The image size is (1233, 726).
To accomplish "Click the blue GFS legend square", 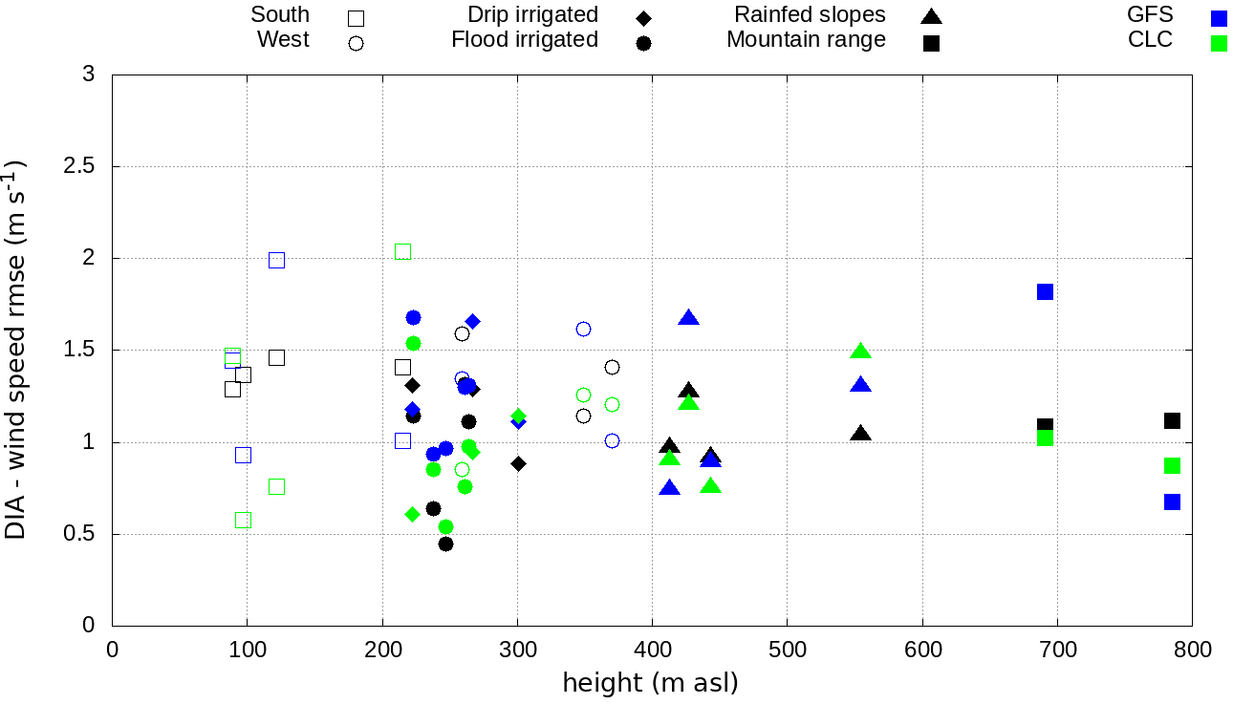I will pyautogui.click(x=1218, y=17).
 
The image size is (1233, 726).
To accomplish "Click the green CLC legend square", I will pyautogui.click(x=1218, y=42).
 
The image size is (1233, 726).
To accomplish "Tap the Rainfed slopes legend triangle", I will pyautogui.click(x=931, y=16).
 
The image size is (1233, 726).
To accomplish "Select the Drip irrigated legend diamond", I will pyautogui.click(x=643, y=17).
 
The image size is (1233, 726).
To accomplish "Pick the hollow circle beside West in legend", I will pyautogui.click(x=356, y=43).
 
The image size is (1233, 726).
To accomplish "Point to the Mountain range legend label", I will pyautogui.click(x=806, y=40).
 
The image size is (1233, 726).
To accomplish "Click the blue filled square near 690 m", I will pyautogui.click(x=1045, y=291).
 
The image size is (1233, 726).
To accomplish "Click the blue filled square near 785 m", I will pyautogui.click(x=1172, y=502).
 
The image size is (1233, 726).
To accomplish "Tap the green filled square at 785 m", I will pyautogui.click(x=1172, y=465).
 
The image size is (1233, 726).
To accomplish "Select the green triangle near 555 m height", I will pyautogui.click(x=860, y=352).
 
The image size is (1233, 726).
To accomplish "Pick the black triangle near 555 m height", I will pyautogui.click(x=860, y=434).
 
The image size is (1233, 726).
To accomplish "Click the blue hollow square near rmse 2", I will pyautogui.click(x=276, y=260).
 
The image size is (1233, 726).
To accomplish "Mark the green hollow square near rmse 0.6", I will pyautogui.click(x=243, y=520).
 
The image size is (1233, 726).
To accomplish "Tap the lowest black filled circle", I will pyautogui.click(x=445, y=544).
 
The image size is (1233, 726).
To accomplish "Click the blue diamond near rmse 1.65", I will pyautogui.click(x=472, y=321).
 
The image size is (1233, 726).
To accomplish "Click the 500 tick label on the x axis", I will pyautogui.click(x=787, y=650).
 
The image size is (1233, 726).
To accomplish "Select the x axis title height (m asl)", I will pyautogui.click(x=650, y=684).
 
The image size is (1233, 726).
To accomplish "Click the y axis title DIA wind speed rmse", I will pyautogui.click(x=16, y=350).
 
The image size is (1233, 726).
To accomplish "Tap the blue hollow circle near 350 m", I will pyautogui.click(x=583, y=329).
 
